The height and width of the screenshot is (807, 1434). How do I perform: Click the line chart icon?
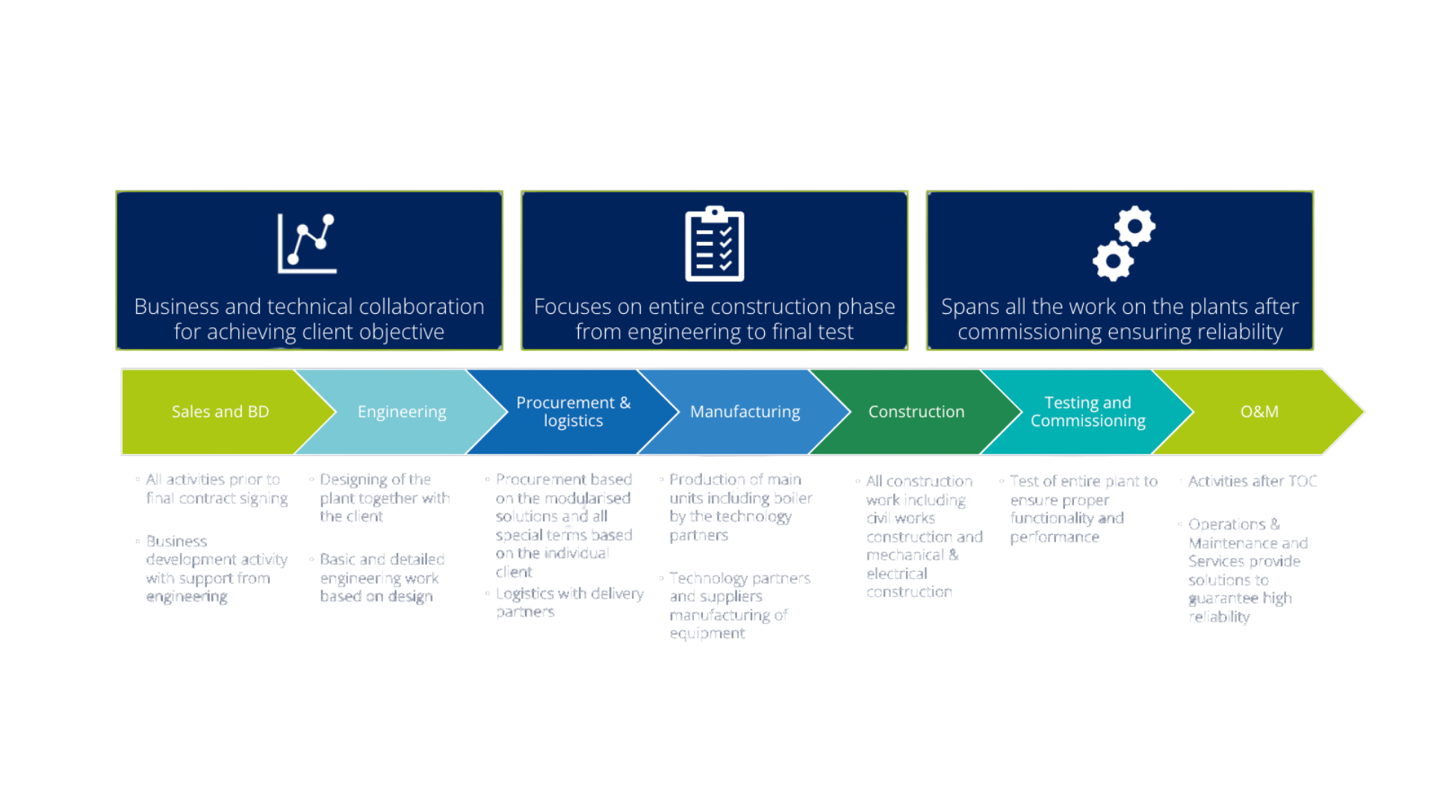coord(307,243)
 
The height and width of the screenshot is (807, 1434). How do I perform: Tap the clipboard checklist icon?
coord(715,244)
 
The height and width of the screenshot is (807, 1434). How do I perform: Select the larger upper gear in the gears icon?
coord(1135,226)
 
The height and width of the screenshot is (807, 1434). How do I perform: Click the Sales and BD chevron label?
coord(220,412)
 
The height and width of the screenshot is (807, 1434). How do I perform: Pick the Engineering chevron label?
coord(402,412)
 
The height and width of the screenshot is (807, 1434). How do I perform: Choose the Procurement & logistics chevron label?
coord(574,412)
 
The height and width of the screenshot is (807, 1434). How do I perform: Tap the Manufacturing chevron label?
coord(745,412)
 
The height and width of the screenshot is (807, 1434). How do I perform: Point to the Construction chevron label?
coord(916,412)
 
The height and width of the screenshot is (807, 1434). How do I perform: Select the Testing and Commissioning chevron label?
coord(1088,412)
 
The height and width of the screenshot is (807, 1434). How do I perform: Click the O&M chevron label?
coord(1259,412)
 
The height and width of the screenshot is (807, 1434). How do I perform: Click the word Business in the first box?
coord(176,307)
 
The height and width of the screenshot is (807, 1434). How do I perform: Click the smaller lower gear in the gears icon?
coord(1113,261)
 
